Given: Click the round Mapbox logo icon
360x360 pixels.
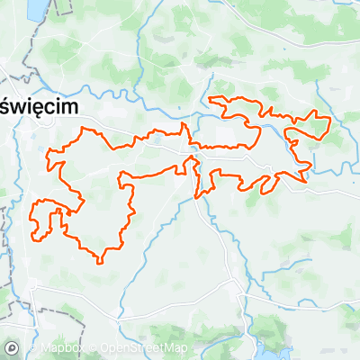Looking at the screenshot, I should (x=12, y=347).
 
